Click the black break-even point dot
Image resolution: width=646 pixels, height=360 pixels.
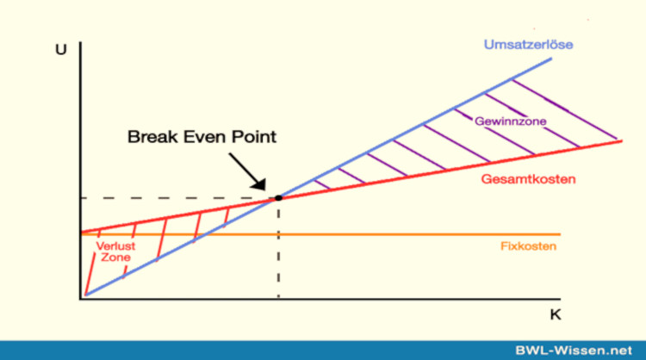(x=278, y=198)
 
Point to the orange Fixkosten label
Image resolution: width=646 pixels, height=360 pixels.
(x=528, y=246)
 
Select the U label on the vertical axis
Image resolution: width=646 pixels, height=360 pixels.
(x=60, y=49)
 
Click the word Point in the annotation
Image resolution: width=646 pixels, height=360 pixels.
(x=256, y=137)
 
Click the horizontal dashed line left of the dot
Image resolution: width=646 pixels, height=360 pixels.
(x=172, y=198)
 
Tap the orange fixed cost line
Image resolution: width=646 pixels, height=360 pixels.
(x=388, y=233)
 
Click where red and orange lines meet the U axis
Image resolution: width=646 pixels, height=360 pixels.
(x=80, y=233)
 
